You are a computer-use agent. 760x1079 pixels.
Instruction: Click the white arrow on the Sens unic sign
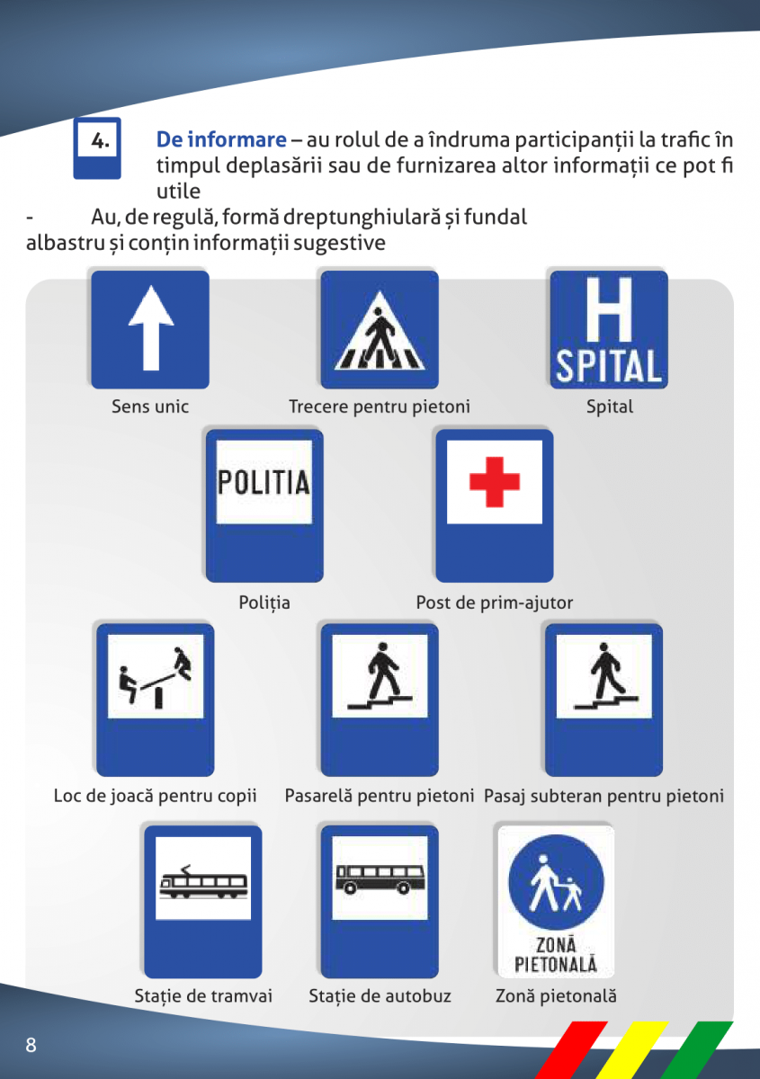click(x=150, y=328)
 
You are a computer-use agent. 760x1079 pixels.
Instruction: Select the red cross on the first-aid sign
click(x=495, y=482)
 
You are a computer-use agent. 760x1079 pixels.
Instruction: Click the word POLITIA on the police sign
click(x=264, y=481)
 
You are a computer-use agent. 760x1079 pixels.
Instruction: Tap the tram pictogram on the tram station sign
click(x=203, y=883)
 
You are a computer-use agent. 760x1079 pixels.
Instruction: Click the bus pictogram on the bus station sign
click(x=380, y=878)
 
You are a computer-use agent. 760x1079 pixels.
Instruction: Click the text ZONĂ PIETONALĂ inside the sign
click(x=556, y=955)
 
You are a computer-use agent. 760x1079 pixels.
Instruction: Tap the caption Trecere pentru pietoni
click(x=379, y=407)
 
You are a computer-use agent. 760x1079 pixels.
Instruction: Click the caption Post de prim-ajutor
click(x=494, y=602)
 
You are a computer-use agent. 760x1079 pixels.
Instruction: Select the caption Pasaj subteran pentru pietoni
click(x=604, y=796)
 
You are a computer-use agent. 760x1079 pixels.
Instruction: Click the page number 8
click(x=31, y=1045)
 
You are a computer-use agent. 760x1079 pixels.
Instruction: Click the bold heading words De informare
click(x=221, y=140)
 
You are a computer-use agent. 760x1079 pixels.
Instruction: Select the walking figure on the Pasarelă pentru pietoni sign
click(x=381, y=670)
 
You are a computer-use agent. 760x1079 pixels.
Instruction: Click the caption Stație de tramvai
click(x=203, y=996)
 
